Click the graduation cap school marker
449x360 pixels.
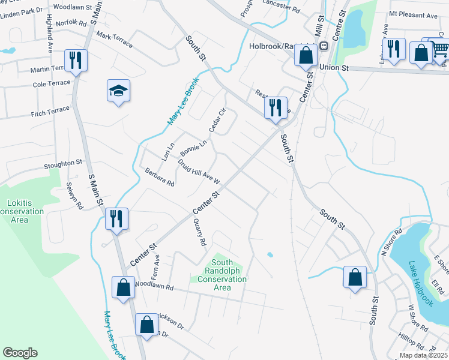(119, 91)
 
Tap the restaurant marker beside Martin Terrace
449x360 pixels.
(76, 61)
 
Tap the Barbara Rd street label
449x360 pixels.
(159, 178)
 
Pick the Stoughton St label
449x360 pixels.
(62, 163)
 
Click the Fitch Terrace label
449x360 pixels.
(50, 112)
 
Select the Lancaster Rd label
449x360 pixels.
(281, 9)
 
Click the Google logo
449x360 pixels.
(20, 353)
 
